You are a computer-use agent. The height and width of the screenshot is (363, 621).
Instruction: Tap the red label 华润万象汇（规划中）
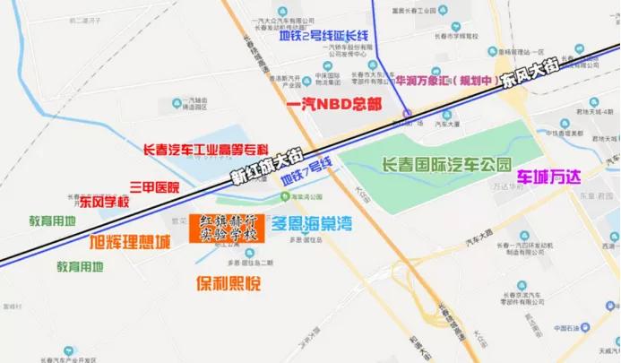pos(447,81)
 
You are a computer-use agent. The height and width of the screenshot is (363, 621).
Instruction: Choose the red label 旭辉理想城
pos(130,242)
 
